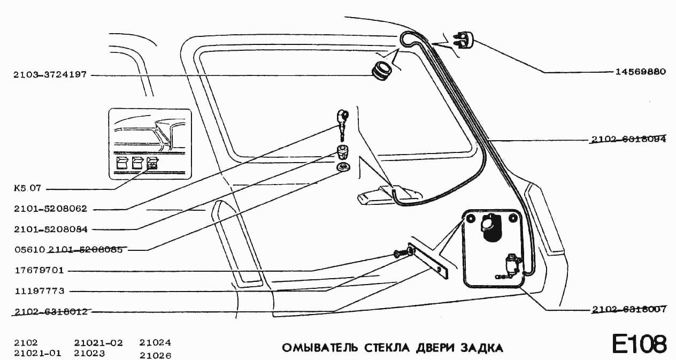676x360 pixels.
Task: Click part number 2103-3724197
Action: [50, 75]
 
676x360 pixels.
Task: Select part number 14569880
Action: [637, 72]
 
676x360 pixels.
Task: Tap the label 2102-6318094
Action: [628, 140]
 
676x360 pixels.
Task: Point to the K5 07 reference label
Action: [27, 189]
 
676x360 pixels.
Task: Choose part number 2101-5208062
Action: [50, 209]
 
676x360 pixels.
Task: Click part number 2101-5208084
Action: [50, 229]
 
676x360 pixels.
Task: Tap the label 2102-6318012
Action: [50, 312]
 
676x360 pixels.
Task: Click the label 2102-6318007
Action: [628, 310]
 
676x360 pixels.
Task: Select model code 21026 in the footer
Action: [155, 354]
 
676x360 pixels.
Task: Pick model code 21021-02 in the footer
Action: [98, 343]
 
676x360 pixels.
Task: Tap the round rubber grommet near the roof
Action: [381, 72]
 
